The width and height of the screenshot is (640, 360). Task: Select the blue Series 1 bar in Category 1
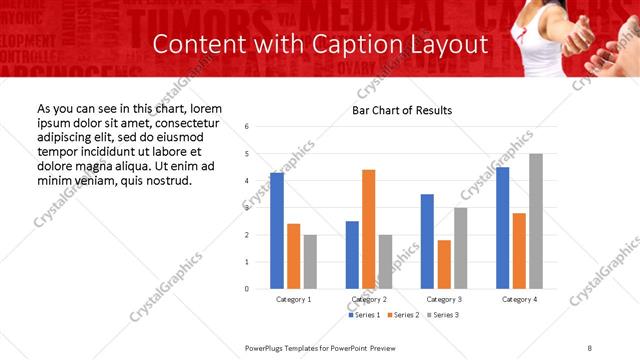click(x=277, y=230)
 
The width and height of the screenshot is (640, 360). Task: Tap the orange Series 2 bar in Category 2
click(x=368, y=229)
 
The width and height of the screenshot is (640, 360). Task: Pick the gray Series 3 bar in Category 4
click(x=536, y=221)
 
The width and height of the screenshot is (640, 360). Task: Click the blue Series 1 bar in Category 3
click(x=427, y=241)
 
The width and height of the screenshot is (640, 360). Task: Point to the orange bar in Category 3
click(x=443, y=264)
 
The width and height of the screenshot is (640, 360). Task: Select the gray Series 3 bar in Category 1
click(x=310, y=262)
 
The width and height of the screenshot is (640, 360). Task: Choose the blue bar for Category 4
click(x=502, y=228)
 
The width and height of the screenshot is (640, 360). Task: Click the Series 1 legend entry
click(x=363, y=315)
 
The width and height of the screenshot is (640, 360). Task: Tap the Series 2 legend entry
click(x=403, y=315)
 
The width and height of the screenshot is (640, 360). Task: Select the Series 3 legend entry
click(x=443, y=315)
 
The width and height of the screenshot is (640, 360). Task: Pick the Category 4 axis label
click(x=519, y=300)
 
